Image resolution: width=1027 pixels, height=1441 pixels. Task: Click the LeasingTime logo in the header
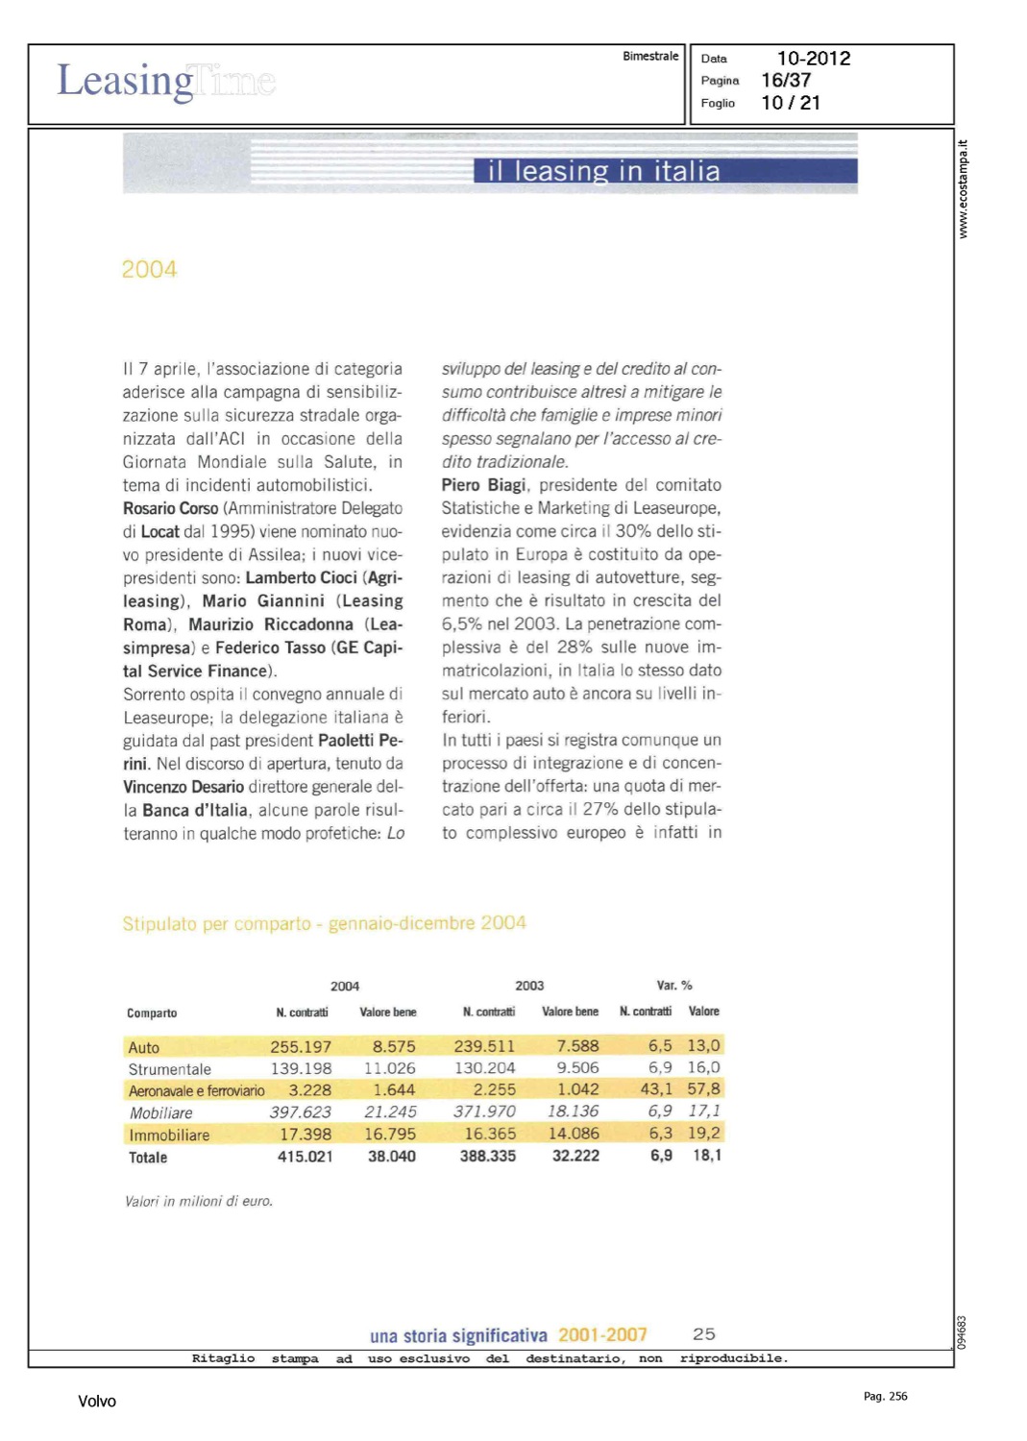coord(166,81)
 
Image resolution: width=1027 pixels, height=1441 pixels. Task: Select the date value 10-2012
coord(814,59)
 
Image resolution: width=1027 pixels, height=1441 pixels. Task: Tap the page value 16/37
coord(786,81)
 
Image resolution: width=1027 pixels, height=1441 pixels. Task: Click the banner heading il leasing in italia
coord(603,171)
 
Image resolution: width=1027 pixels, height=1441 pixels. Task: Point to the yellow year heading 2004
coord(149,270)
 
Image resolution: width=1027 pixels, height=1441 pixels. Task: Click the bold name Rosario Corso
coord(171,508)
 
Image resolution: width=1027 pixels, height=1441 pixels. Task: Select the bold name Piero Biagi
coord(483,485)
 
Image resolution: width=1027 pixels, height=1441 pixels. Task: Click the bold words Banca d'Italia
coord(195,810)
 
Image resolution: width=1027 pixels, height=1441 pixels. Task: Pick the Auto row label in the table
coord(144,1047)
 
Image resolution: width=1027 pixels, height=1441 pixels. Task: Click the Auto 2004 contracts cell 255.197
coord(301,1046)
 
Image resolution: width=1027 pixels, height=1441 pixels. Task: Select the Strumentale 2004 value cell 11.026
coord(390,1068)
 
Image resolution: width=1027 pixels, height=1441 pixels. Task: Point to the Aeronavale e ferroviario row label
coord(197,1090)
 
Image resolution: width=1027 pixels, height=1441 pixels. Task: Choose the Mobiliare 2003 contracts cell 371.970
coord(484,1111)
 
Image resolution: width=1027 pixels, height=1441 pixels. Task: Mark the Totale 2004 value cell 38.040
coord(392,1157)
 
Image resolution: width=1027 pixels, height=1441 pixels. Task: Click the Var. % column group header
coord(674,986)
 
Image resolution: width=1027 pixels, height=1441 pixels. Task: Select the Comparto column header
coord(152,1013)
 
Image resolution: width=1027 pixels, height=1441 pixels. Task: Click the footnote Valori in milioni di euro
coord(199,1201)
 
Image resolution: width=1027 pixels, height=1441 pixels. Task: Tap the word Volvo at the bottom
coord(97,1402)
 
